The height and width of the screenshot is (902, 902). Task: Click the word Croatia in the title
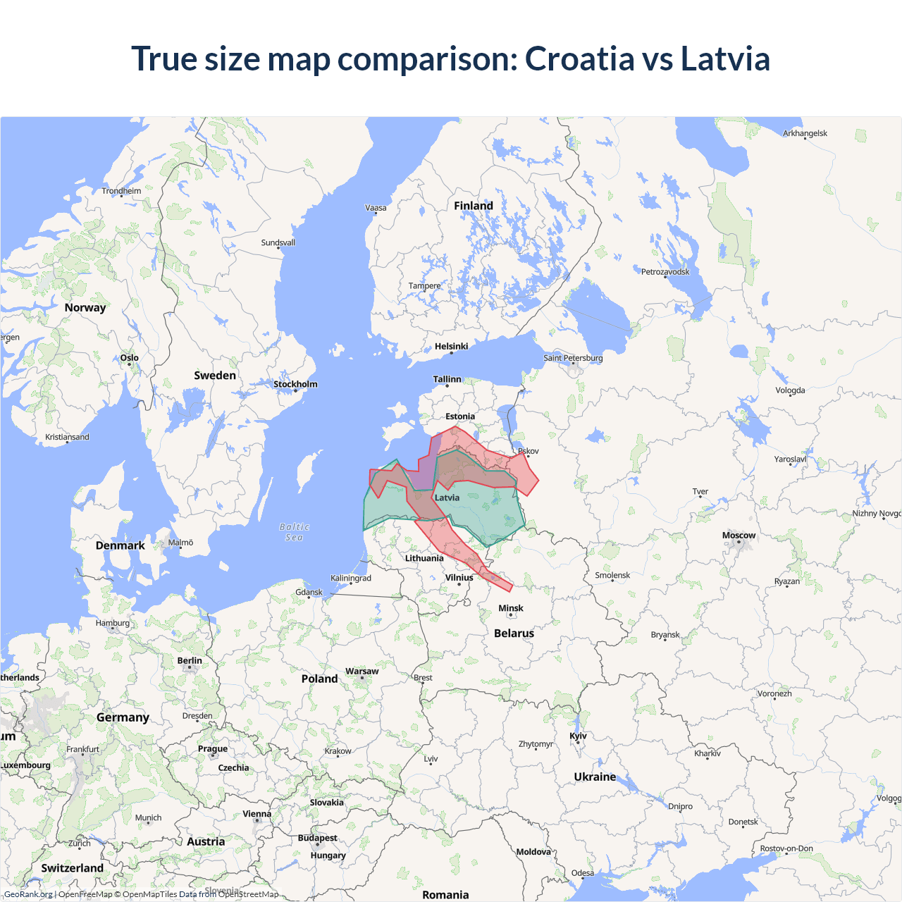580,58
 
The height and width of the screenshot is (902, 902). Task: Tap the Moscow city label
739,536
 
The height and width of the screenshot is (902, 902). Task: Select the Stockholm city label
295,384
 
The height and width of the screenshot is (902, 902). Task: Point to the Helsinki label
451,346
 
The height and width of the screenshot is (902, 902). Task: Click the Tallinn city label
447,379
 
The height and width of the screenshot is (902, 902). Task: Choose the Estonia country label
460,416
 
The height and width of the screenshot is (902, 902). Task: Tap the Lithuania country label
424,558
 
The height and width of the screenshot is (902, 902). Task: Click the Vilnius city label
459,578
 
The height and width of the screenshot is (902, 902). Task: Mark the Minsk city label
511,608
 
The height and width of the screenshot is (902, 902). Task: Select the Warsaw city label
362,672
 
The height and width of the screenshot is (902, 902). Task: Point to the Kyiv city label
578,736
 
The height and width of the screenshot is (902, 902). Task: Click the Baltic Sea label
295,532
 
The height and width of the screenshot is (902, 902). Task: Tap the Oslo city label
130,358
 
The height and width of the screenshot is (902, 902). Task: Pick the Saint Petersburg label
573,358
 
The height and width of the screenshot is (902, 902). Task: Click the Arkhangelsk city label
805,133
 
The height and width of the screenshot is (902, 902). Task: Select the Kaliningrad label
351,578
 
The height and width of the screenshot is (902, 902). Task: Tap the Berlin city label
190,661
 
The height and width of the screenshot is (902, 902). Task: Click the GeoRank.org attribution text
28,894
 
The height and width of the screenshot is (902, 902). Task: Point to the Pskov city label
529,451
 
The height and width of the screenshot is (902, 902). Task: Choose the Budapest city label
317,838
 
